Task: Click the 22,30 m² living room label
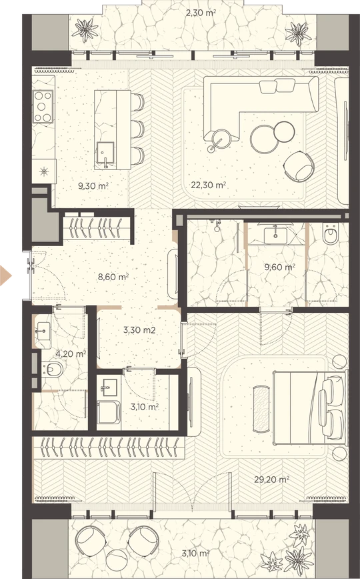pyautogui.click(x=208, y=185)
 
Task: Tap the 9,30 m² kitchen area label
pyautogui.click(x=93, y=185)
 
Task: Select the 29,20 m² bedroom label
pyautogui.click(x=271, y=480)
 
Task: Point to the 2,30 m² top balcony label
pyautogui.click(x=201, y=13)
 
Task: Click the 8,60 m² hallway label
pyautogui.click(x=113, y=277)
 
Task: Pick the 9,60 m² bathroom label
pyautogui.click(x=279, y=266)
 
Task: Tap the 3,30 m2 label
pyautogui.click(x=139, y=330)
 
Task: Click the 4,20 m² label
pyautogui.click(x=71, y=354)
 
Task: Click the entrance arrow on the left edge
pyautogui.click(x=5, y=275)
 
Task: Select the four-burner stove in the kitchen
pyautogui.click(x=43, y=107)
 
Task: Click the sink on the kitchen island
pyautogui.click(x=105, y=153)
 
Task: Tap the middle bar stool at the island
pyautogui.click(x=137, y=129)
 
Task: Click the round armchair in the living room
pyautogui.click(x=299, y=167)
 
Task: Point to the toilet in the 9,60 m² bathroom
pyautogui.click(x=331, y=235)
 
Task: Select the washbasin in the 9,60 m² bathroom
pyautogui.click(x=275, y=235)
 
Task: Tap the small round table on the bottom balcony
pyautogui.click(x=117, y=560)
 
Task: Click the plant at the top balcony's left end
pyautogui.click(x=85, y=30)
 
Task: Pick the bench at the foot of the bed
pyautogui.click(x=261, y=409)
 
